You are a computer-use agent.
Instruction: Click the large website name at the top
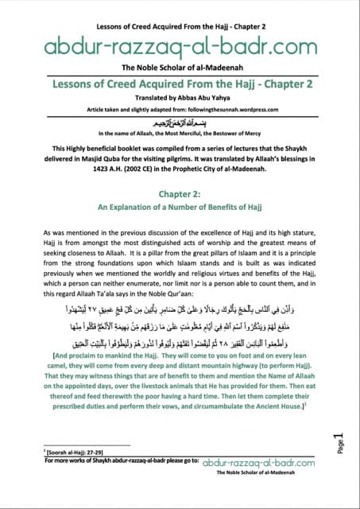click(180, 45)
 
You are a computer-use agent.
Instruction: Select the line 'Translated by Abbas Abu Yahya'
click(180, 99)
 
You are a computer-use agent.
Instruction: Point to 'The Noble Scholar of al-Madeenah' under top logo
click(180, 67)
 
